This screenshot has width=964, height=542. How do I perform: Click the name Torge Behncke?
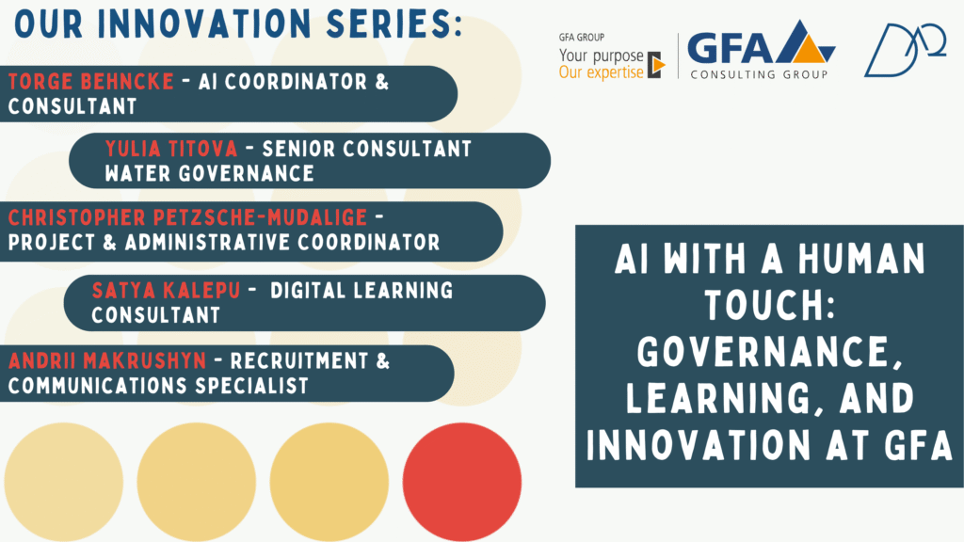point(91,82)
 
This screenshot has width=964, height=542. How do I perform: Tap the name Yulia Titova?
point(171,149)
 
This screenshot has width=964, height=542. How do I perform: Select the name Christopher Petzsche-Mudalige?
point(187,217)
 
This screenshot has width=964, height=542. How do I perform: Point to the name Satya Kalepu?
point(166,290)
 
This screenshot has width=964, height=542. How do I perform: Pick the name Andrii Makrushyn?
point(107,360)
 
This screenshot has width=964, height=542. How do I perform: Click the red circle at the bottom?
point(461,482)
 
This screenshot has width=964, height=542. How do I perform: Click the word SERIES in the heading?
point(394,24)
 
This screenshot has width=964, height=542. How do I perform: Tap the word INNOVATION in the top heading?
point(204,24)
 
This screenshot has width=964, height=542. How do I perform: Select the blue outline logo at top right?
point(905,51)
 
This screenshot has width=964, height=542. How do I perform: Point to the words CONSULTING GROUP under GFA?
point(760,75)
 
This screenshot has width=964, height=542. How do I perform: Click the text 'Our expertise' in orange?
point(601,73)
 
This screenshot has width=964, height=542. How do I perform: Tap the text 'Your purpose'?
point(601,56)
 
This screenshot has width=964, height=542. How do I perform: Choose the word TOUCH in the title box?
point(770,305)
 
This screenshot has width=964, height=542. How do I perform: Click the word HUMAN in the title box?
point(861,258)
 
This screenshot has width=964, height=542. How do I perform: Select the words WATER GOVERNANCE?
point(209,174)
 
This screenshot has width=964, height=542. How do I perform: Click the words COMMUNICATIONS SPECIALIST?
point(158,386)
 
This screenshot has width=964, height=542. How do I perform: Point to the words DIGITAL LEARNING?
point(361,290)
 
